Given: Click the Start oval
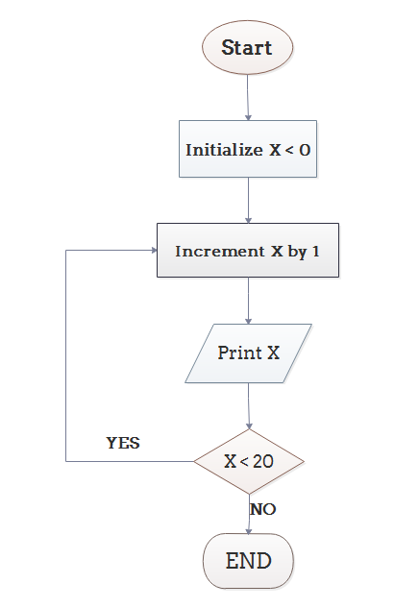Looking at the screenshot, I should (x=247, y=47).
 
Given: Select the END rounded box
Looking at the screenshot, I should (x=248, y=561).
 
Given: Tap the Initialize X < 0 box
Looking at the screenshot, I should (x=248, y=150).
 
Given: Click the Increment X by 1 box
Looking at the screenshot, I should (x=248, y=252).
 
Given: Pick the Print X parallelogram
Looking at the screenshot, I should (x=248, y=353).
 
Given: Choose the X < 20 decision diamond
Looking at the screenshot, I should (x=249, y=461).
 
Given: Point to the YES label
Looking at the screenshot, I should (x=122, y=443).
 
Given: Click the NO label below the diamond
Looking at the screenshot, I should (x=262, y=509).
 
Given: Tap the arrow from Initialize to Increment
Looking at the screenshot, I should (x=248, y=200).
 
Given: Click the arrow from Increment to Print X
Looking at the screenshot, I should (x=248, y=301).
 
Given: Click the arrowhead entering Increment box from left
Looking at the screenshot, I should (x=153, y=250).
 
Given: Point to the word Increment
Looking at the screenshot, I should (x=210, y=252).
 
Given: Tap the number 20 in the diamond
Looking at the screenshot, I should (x=262, y=461).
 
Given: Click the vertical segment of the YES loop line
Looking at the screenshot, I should (x=65, y=355).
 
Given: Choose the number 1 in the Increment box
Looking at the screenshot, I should (x=316, y=252).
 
